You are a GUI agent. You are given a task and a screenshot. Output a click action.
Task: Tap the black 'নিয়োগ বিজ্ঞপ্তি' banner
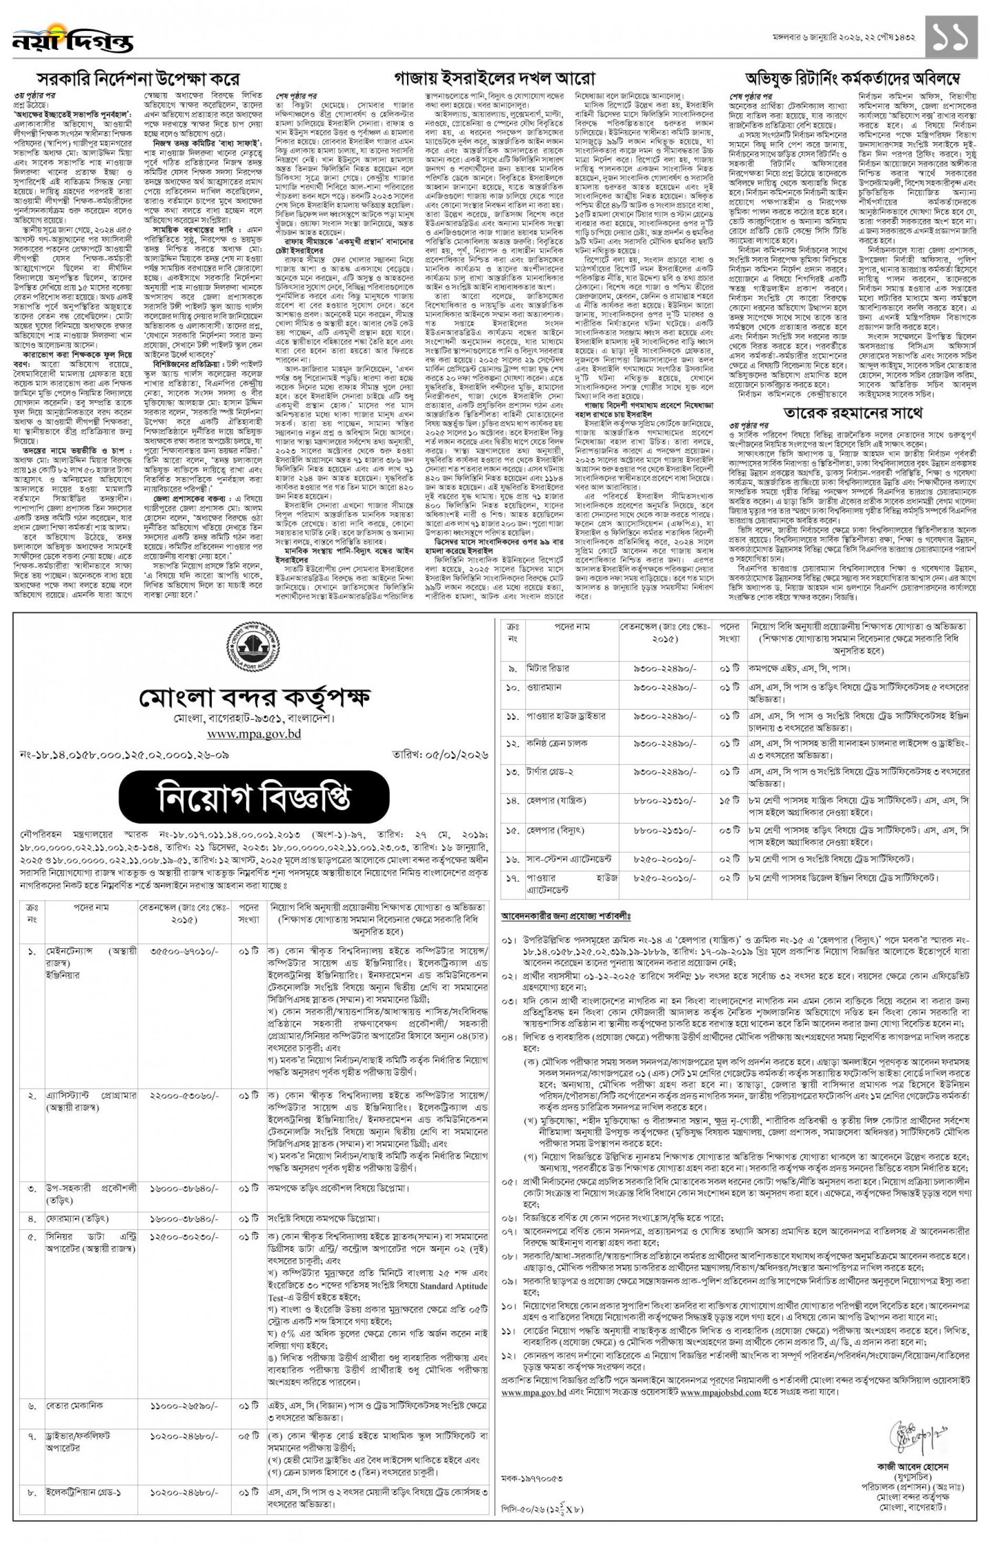253,798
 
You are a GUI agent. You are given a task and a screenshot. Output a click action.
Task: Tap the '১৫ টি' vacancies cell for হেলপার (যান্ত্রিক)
729,801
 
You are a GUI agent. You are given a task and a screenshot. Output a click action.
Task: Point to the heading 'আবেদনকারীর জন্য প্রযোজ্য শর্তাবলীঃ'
566,915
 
